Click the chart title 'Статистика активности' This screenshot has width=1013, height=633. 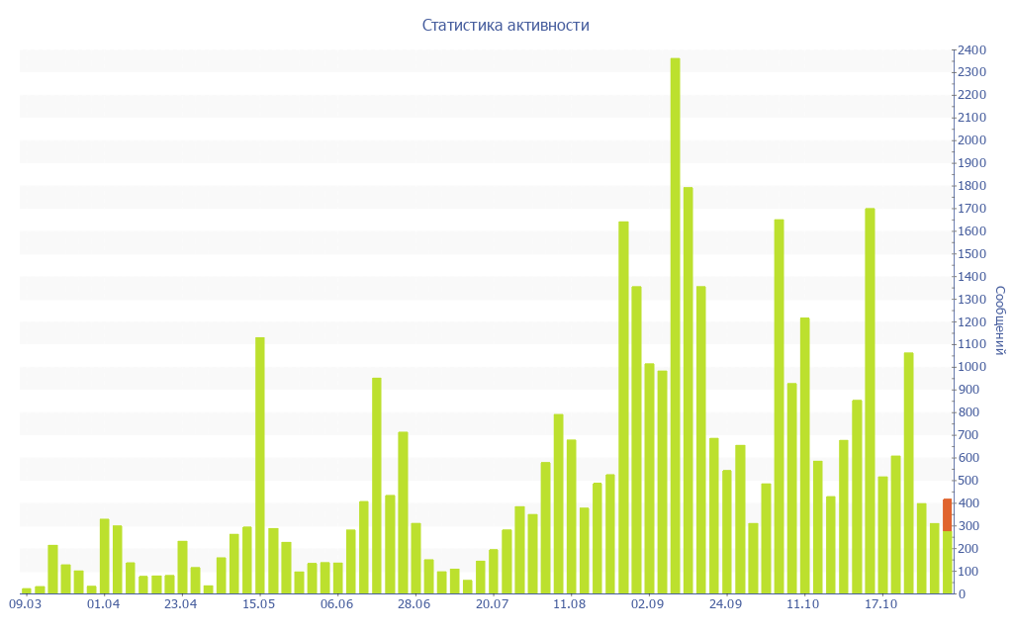click(506, 25)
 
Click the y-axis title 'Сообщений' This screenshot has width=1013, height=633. click(1000, 320)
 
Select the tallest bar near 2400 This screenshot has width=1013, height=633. click(675, 326)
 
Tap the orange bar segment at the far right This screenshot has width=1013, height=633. click(947, 514)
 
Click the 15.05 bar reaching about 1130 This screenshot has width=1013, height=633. click(260, 465)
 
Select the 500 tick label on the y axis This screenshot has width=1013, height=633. click(969, 481)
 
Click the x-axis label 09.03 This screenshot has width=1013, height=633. click(26, 603)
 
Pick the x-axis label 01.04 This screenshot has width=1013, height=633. click(104, 603)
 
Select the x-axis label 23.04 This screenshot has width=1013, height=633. click(181, 603)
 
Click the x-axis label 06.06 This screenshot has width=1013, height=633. click(337, 603)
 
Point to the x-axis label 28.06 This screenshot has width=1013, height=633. click(414, 603)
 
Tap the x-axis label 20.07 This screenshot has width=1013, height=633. click(493, 603)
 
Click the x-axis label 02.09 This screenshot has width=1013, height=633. click(648, 603)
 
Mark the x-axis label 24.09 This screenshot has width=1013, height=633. click(726, 603)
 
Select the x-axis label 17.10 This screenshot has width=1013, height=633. click(881, 603)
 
